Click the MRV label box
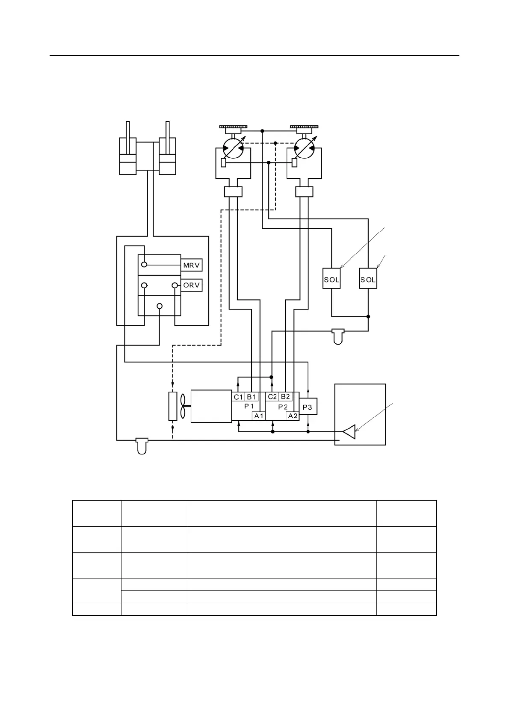point(191,265)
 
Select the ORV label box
point(191,285)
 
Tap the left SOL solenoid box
point(331,279)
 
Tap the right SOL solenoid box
point(368,279)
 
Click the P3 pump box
point(308,407)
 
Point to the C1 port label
point(238,397)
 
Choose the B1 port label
point(252,397)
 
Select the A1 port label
point(259,416)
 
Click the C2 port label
point(272,397)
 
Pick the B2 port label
point(285,397)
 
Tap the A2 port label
point(293,416)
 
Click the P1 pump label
point(249,406)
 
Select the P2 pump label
point(283,407)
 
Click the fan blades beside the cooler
point(183,405)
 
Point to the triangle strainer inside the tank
point(349,432)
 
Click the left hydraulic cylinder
point(127,156)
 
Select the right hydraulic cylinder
point(168,156)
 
